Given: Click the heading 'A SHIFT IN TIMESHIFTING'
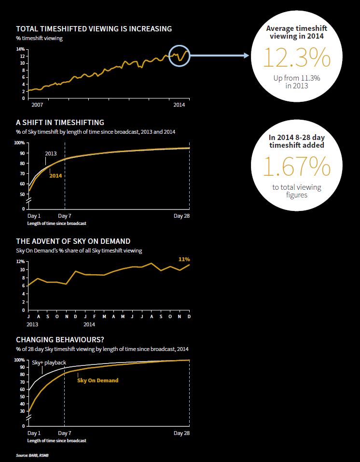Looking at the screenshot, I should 60,123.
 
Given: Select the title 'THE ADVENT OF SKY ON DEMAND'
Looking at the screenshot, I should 73,241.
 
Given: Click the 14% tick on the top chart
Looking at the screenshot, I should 20,49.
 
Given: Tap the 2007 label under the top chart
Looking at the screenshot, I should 37,105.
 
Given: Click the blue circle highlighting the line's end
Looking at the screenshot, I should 180,56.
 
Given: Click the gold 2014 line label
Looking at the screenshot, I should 55,176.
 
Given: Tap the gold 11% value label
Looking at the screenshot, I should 183,259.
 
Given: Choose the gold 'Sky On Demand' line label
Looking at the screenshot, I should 97,380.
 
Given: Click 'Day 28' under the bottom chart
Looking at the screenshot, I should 181,433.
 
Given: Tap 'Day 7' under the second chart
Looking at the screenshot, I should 64,216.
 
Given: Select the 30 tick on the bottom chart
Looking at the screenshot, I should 22,411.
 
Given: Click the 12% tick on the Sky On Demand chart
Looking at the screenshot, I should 20,262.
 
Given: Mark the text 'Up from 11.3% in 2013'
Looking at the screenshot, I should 297,82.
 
